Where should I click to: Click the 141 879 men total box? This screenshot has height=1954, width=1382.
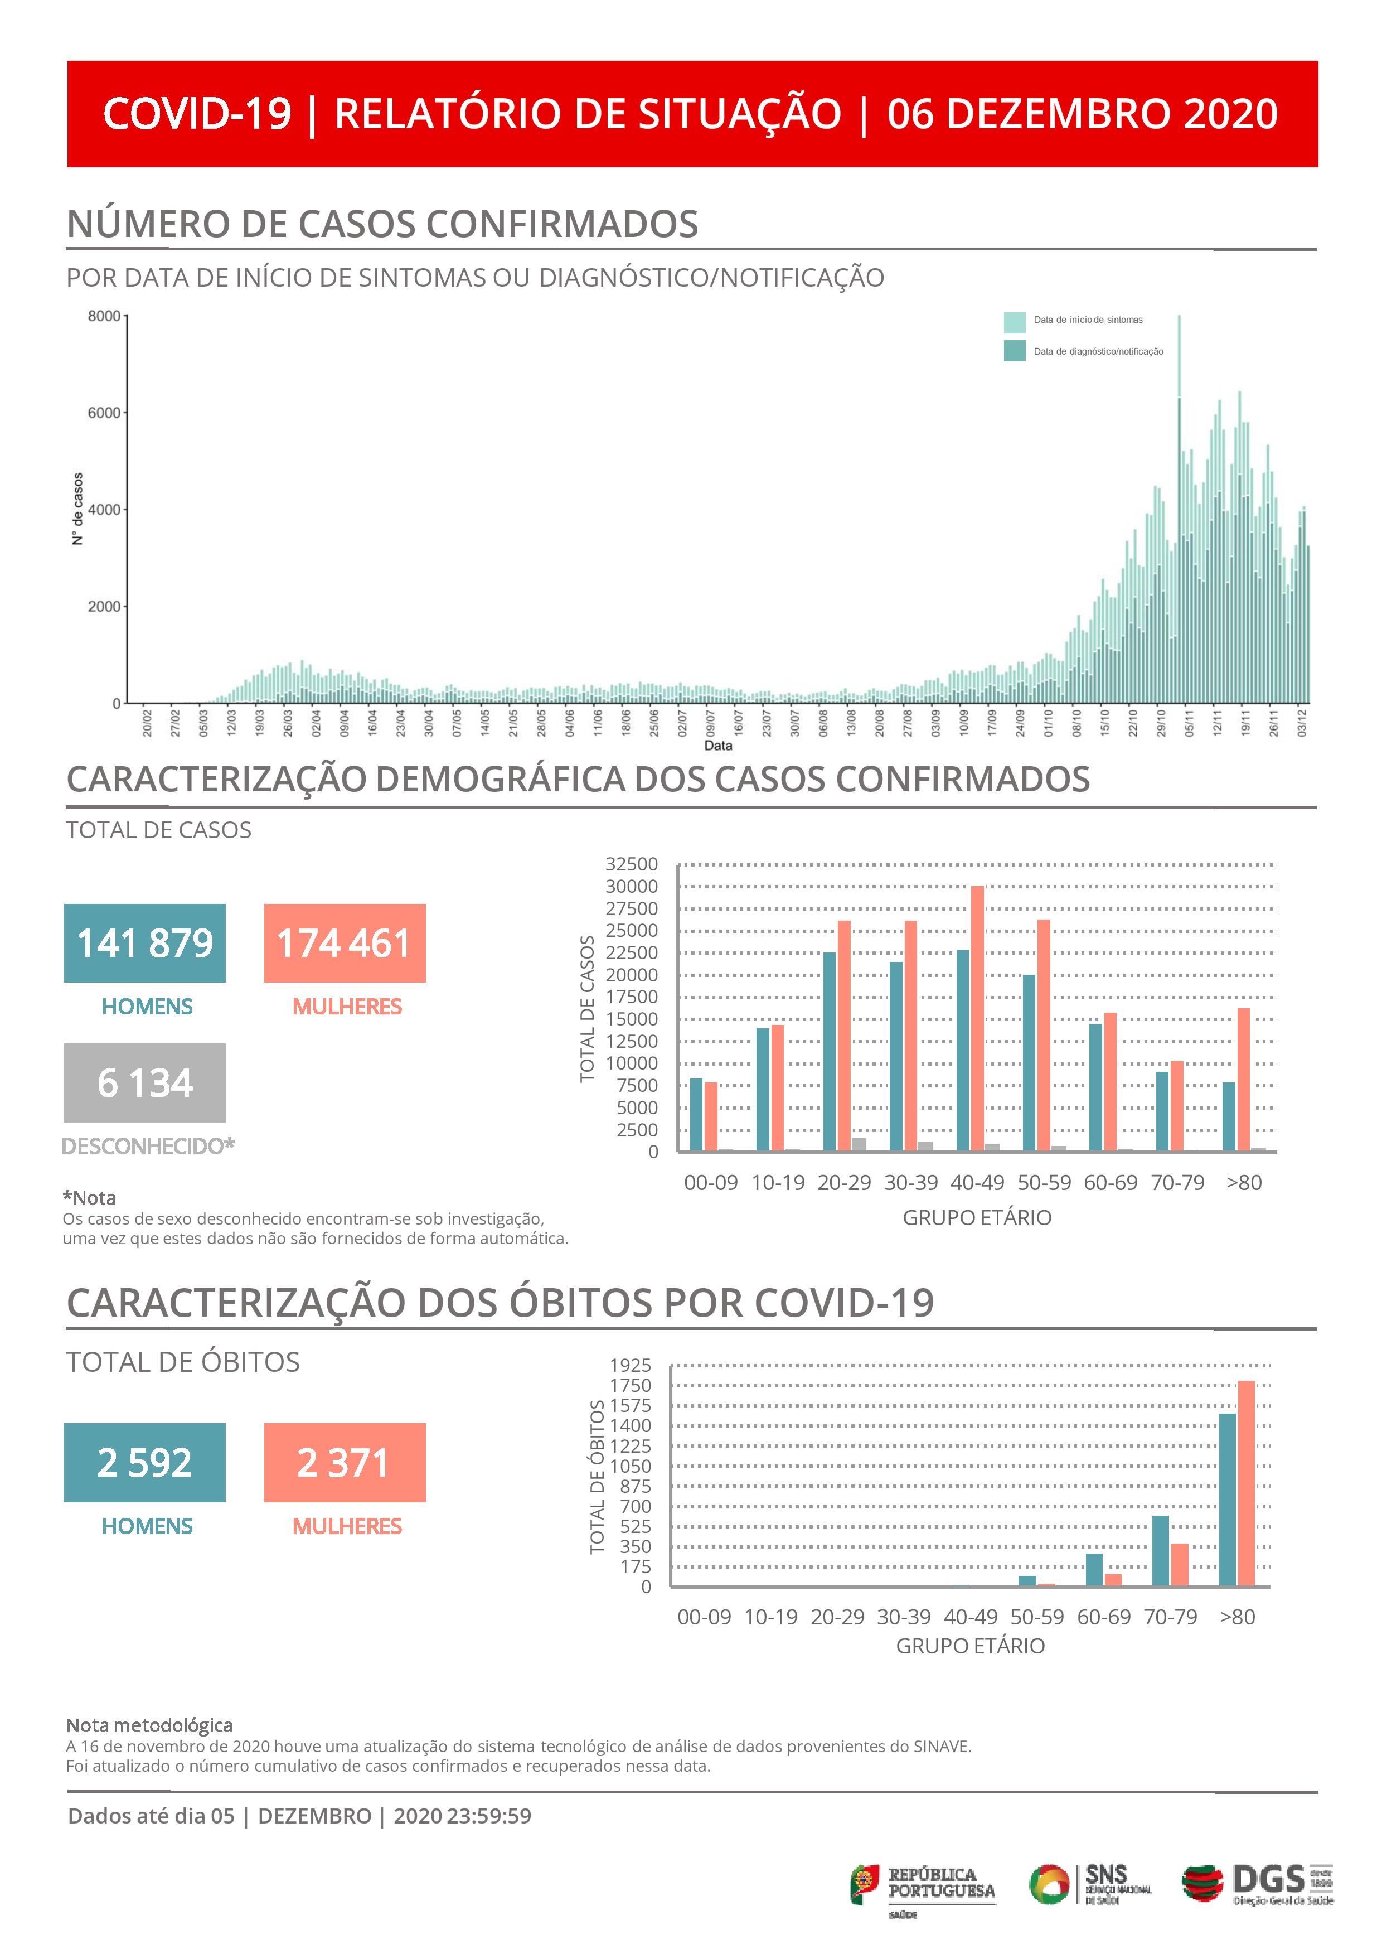coord(145,943)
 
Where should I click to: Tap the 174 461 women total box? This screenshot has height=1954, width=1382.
coord(345,943)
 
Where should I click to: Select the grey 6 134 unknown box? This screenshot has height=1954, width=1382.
coord(145,1082)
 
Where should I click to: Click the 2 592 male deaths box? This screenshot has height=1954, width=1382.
coord(145,1462)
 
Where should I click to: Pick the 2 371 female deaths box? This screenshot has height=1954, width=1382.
coord(345,1462)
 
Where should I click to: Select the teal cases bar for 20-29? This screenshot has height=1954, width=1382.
coord(830,1052)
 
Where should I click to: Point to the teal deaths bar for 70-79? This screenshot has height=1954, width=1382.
coord(1161,1551)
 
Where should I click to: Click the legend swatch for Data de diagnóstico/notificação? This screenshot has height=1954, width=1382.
coord(1015,351)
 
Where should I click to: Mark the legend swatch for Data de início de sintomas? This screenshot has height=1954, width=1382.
coord(1015,322)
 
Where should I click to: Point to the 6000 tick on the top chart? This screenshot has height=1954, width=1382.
coord(104,413)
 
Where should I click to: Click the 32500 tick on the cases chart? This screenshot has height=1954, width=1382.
coord(632,864)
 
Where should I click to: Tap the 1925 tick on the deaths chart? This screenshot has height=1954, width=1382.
coord(631,1365)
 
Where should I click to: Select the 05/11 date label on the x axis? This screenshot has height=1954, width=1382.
coord(1189,723)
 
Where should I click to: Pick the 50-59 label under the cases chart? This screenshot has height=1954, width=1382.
coord(1044,1182)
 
